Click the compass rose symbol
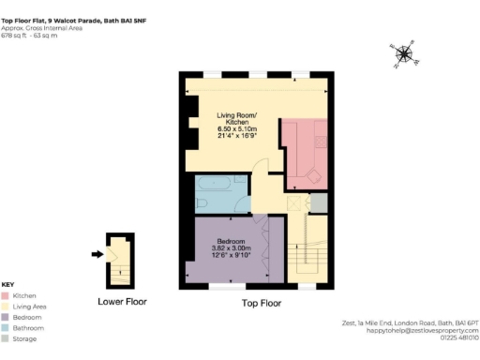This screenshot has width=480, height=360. pyautogui.click(x=403, y=54)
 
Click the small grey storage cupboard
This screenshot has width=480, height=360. pyautogui.click(x=318, y=201)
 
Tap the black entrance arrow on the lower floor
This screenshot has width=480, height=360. pyautogui.click(x=96, y=253)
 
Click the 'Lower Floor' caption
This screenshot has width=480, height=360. pyautogui.click(x=122, y=301)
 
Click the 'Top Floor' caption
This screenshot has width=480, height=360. pyautogui.click(x=262, y=303)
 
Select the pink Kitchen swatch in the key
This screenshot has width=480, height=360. pyautogui.click(x=7, y=294)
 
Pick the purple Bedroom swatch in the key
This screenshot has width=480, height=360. pyautogui.click(x=7, y=317)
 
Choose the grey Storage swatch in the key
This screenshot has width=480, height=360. pyautogui.click(x=7, y=339)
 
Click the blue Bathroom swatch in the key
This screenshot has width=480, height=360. pyautogui.click(x=7, y=328)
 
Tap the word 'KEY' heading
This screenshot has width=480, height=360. pyautogui.click(x=7, y=284)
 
